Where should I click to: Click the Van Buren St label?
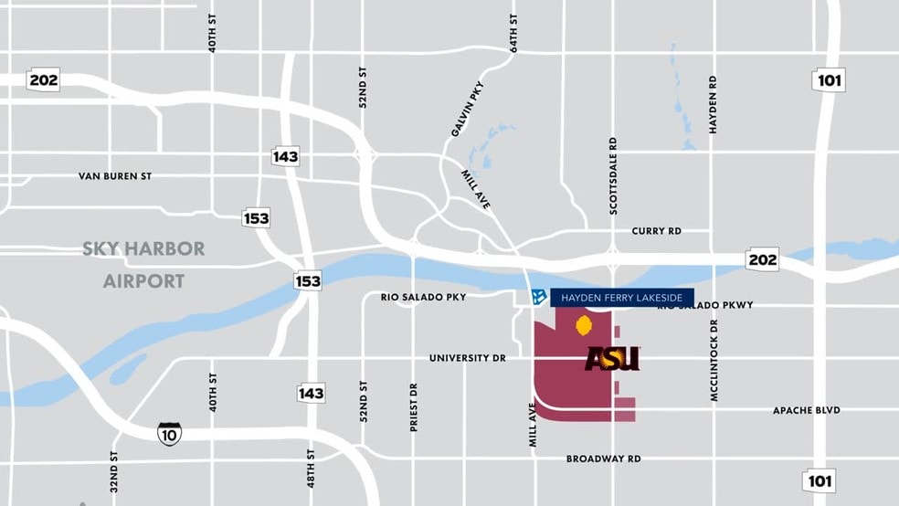click(x=114, y=175)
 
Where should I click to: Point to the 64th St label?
click(x=514, y=33)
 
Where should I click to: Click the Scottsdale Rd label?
click(x=613, y=176)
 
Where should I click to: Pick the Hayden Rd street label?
click(x=713, y=105)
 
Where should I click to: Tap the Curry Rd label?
click(x=656, y=231)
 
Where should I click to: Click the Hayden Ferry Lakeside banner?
click(x=621, y=297)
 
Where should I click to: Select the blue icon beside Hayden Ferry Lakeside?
click(x=539, y=297)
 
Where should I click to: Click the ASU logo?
click(x=612, y=359)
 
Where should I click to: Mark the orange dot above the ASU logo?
click(x=584, y=324)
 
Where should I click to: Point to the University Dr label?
click(x=467, y=358)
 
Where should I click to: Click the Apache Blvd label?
click(x=806, y=410)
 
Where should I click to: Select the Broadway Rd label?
click(x=603, y=459)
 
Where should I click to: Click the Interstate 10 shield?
click(x=169, y=432)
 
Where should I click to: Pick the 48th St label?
click(x=312, y=467)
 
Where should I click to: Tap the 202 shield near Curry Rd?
click(x=761, y=259)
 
